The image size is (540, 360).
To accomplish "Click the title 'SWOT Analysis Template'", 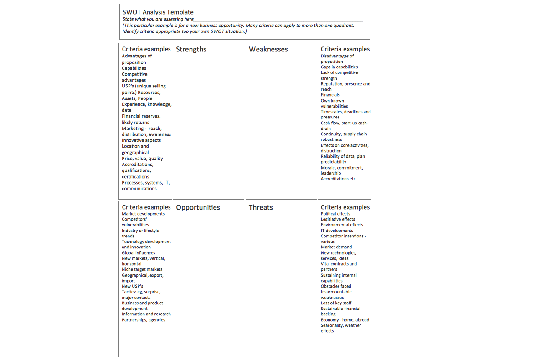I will point(158,12).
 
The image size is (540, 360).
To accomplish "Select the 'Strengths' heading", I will point(191,49).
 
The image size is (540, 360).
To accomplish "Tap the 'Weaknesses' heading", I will point(268,49).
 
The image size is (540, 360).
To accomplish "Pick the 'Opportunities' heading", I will point(198,207).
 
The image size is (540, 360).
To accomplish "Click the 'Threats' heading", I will point(261,207).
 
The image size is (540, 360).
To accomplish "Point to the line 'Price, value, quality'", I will point(142,159).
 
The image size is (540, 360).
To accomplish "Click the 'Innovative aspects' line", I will point(141,140).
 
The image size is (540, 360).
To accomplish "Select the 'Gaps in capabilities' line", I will point(339,67).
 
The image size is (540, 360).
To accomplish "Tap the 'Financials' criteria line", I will point(330,95).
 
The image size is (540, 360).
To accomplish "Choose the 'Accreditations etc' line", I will point(338,179).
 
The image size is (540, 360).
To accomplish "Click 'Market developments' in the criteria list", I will point(143,214).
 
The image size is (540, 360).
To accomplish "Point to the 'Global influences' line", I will point(138,253).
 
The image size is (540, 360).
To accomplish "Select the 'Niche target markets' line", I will point(142,269).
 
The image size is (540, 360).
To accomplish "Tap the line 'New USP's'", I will point(132,286).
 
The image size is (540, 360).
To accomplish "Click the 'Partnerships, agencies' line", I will point(143,320).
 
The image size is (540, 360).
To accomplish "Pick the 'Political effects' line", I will point(335,214).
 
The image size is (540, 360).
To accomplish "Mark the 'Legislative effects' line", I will point(338,219).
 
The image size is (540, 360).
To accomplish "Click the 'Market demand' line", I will point(336,247).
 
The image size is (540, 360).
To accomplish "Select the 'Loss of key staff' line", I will point(336,303).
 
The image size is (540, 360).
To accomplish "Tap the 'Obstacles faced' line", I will point(336,286).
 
